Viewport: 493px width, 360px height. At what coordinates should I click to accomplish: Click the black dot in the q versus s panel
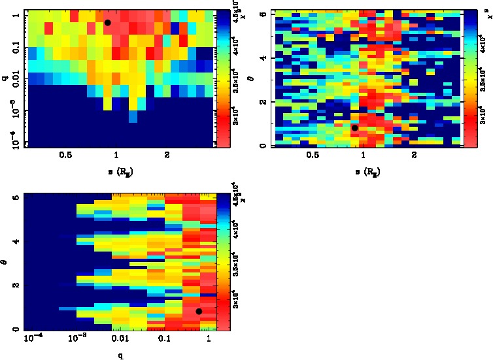(108, 23)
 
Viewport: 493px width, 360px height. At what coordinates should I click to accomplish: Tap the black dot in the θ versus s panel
(355, 128)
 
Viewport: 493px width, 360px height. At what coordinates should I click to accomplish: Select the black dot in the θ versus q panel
(199, 312)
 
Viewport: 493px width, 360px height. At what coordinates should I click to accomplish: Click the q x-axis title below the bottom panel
(120, 356)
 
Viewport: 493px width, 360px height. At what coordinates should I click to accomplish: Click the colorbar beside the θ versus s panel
(468, 78)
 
